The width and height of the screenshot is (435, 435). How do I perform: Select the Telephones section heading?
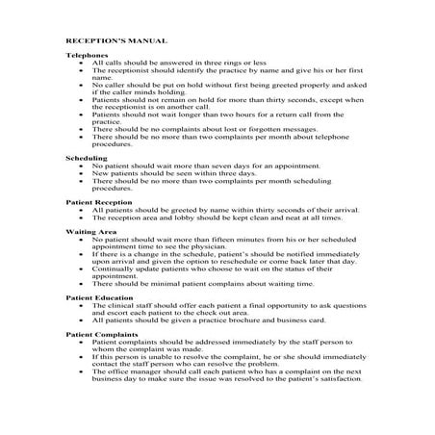pos(86,56)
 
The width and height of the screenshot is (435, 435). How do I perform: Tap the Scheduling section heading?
pos(84,157)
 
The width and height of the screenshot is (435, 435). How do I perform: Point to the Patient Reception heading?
pos(96,203)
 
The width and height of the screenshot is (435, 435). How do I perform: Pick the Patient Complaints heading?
pos(100,333)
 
